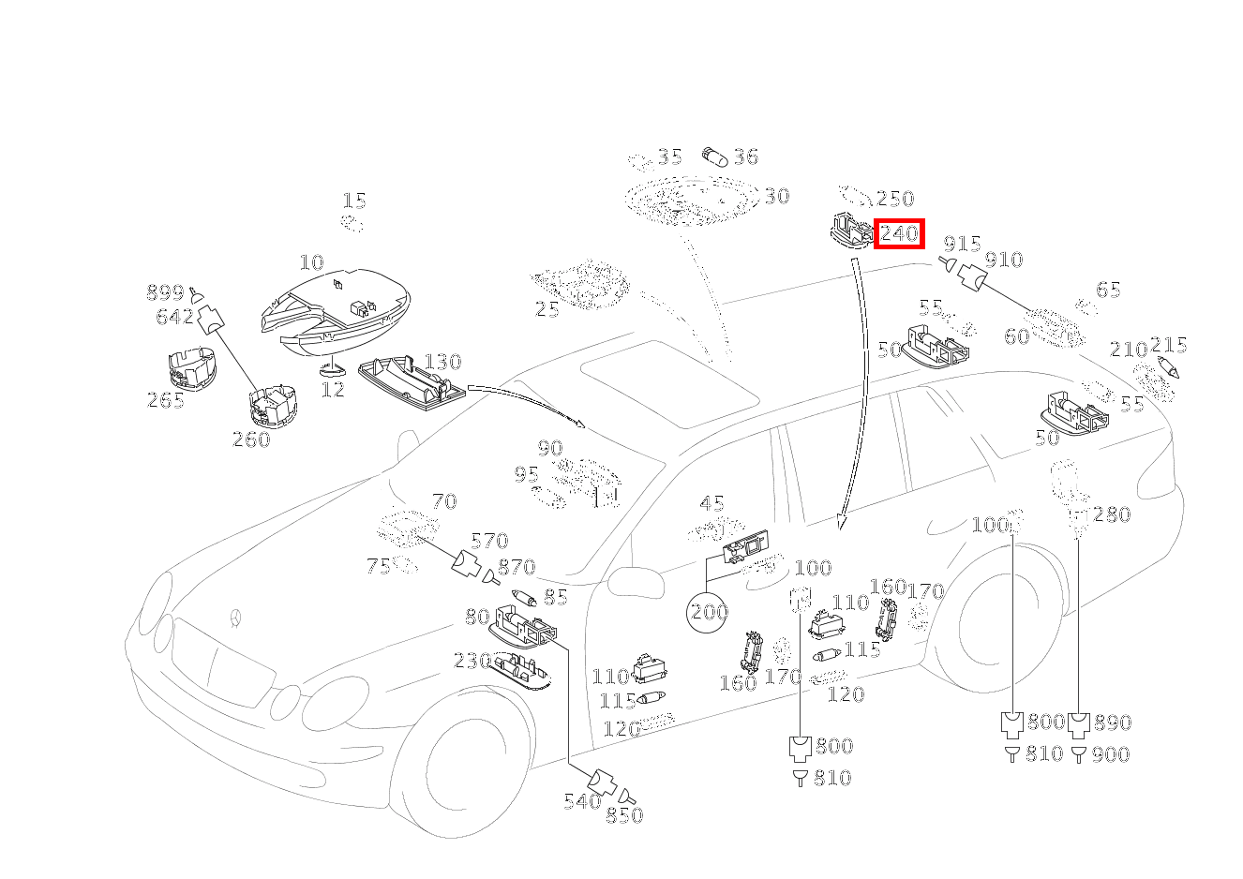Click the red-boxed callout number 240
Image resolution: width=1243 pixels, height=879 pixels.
899,233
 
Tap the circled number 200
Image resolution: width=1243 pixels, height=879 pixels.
709,613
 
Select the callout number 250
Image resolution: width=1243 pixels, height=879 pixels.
894,199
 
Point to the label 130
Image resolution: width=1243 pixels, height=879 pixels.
442,362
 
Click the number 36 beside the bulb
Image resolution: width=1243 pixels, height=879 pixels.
745,156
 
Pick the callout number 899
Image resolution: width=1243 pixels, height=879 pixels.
165,292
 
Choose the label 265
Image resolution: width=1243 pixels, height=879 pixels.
166,400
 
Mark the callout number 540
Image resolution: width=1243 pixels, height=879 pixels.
582,801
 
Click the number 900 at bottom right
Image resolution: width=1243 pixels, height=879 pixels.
1110,754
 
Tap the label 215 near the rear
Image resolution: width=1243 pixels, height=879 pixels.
1168,345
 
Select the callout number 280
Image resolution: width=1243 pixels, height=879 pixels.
1112,514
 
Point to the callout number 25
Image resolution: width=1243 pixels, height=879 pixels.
547,308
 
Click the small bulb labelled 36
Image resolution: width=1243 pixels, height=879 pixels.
714,156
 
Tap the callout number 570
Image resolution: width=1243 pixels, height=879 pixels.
489,541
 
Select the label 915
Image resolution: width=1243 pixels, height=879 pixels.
962,245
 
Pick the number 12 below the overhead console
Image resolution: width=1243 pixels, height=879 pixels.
333,388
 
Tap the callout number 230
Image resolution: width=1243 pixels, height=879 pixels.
472,661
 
